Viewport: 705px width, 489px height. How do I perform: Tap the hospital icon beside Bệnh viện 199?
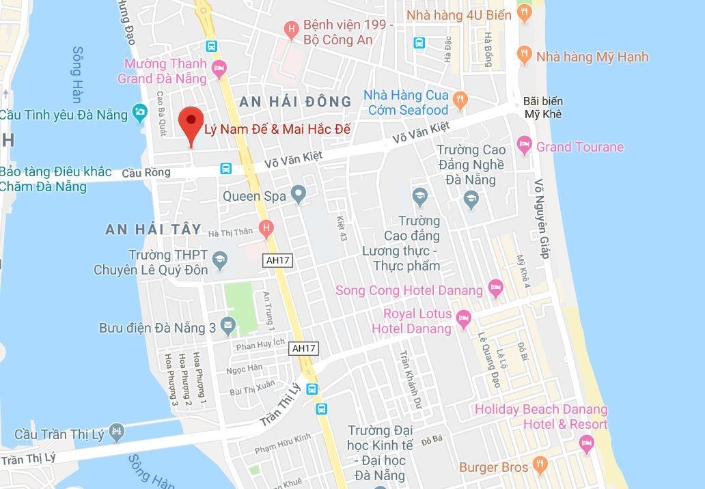click(292, 29)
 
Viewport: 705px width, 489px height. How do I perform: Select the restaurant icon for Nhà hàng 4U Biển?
click(524, 12)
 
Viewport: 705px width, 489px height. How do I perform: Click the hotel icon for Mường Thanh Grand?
click(219, 67)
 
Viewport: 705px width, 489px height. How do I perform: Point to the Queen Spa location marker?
click(298, 195)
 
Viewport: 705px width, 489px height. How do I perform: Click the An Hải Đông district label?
click(295, 102)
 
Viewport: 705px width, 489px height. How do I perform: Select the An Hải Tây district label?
click(154, 229)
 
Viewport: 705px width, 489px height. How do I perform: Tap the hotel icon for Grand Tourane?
click(524, 144)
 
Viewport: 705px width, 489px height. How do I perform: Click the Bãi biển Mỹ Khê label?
click(543, 108)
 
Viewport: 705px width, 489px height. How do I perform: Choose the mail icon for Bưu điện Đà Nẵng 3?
click(227, 326)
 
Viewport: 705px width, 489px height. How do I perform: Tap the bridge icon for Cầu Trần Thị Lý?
click(117, 432)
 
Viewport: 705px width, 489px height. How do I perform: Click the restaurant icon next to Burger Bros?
click(540, 466)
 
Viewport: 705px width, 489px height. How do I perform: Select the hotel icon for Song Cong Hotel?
click(495, 288)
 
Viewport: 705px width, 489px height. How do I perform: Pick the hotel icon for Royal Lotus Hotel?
click(464, 318)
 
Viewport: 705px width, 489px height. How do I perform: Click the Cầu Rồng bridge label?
click(146, 173)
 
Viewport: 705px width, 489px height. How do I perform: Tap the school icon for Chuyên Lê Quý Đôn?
click(220, 259)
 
